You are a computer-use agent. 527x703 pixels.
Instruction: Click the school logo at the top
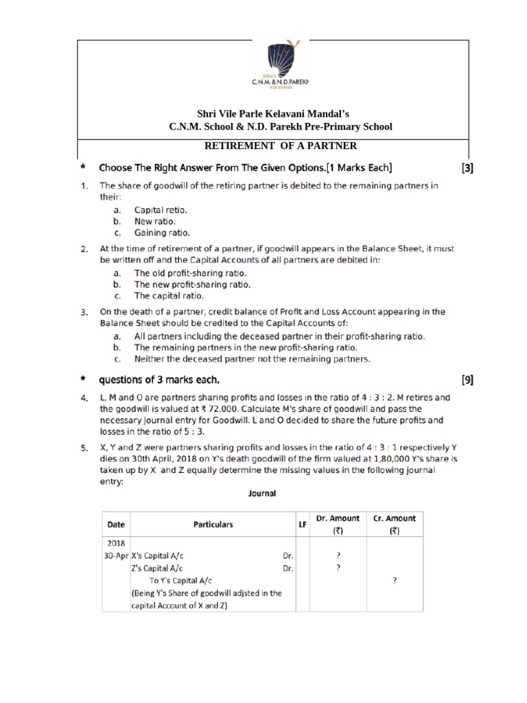[x=281, y=63]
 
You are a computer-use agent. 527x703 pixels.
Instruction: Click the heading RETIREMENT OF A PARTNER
[x=281, y=146]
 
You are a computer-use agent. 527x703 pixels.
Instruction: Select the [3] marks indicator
[x=467, y=167]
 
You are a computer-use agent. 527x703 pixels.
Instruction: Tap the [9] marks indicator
[x=467, y=380]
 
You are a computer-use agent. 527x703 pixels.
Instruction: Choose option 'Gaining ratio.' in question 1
[x=161, y=233]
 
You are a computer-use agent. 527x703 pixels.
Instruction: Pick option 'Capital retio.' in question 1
[x=161, y=210]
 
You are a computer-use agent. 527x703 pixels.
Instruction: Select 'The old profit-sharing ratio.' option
[x=190, y=273]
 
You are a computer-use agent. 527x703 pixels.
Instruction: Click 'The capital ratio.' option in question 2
[x=169, y=296]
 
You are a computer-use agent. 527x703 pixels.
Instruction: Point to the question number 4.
[x=83, y=398]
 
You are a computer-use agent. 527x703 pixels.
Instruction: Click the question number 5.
[x=83, y=449]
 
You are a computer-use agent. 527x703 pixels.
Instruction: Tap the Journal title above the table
[x=261, y=494]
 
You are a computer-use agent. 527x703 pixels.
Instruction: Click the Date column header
[x=116, y=525]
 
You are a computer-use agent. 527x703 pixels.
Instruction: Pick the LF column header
[x=301, y=525]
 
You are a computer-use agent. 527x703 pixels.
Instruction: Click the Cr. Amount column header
[x=394, y=525]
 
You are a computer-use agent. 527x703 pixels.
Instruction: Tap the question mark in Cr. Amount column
[x=394, y=581]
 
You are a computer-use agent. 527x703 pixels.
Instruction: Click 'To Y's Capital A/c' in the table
[x=180, y=581]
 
